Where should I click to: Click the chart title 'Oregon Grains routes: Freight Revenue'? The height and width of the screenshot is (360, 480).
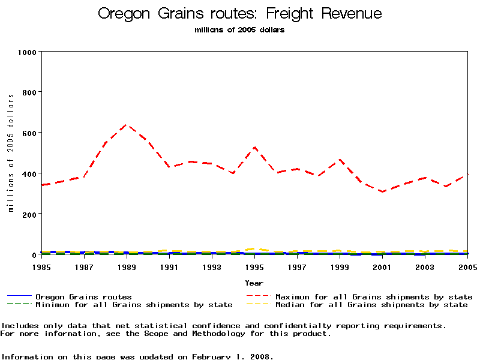click(239, 14)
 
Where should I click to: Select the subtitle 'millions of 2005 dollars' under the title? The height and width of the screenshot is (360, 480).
click(239, 30)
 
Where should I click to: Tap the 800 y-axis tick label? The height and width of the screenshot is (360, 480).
click(29, 92)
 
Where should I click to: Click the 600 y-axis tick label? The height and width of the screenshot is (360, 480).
click(29, 133)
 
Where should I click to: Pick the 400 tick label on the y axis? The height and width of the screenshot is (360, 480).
click(29, 173)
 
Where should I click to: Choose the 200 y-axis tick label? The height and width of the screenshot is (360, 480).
click(29, 214)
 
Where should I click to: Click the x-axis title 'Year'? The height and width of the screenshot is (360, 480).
click(254, 283)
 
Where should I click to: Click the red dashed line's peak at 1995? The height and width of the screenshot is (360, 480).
click(254, 147)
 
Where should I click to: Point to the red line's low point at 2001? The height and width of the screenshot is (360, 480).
click(382, 191)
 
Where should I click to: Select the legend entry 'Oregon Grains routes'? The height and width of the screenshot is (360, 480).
click(83, 296)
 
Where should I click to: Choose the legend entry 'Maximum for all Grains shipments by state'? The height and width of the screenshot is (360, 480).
click(374, 296)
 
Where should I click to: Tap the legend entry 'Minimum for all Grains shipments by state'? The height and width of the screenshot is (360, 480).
click(134, 305)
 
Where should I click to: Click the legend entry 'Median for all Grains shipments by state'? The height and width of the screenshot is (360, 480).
click(371, 305)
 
